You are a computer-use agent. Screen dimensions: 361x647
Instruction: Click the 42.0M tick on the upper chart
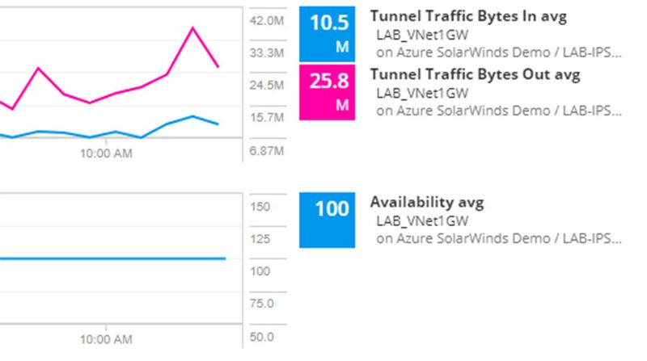click(x=268, y=20)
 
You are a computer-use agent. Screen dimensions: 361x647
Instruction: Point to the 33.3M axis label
click(x=268, y=52)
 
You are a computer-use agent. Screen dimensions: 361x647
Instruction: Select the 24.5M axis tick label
click(x=268, y=85)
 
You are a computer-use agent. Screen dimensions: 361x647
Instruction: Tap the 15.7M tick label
click(x=268, y=117)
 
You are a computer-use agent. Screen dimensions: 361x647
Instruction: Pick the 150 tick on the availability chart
click(x=260, y=207)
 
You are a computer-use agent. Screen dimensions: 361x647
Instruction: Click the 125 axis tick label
click(x=260, y=239)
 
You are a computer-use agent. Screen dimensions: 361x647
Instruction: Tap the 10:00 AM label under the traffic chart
click(x=106, y=153)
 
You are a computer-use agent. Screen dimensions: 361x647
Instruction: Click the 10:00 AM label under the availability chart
click(x=106, y=339)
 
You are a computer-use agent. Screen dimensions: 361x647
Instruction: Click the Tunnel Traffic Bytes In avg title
click(x=468, y=16)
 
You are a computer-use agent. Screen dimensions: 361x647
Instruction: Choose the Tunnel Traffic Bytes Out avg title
click(x=475, y=74)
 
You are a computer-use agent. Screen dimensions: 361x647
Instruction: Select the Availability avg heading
click(x=427, y=202)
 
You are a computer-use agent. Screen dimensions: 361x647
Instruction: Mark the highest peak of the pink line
click(x=192, y=27)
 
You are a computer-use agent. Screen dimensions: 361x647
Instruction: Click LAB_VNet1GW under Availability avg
click(x=422, y=220)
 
